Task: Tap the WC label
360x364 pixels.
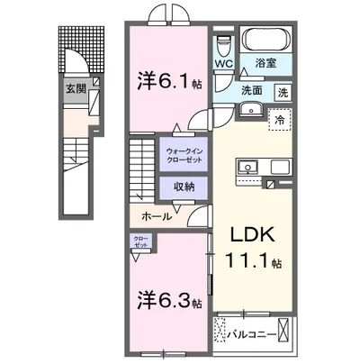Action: point(224,64)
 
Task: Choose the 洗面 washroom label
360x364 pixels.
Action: point(250,90)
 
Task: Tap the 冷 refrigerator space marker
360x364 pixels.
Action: point(280,121)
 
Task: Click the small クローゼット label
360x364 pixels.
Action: point(142,242)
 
